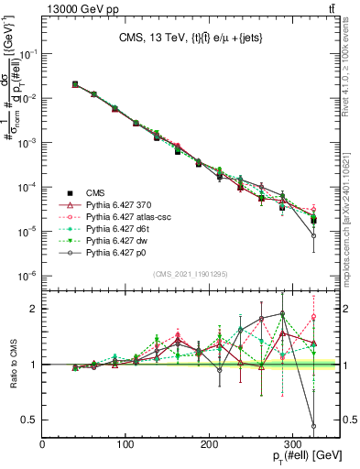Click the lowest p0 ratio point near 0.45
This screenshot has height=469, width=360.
click(314, 425)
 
